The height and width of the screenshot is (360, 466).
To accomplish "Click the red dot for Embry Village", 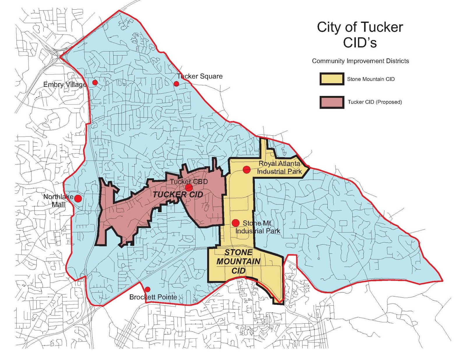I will click(x=95, y=83).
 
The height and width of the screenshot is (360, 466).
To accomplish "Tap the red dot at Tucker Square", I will click(x=176, y=84).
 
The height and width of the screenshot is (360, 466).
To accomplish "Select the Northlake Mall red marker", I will click(x=78, y=199).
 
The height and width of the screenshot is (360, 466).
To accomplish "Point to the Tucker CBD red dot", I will click(x=189, y=187).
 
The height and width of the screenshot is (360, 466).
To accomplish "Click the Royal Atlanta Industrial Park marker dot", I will click(x=247, y=169).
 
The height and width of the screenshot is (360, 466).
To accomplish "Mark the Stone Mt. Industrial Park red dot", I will click(x=236, y=223).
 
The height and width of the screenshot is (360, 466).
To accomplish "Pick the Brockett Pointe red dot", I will click(x=148, y=289).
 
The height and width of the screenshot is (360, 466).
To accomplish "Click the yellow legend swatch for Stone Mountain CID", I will click(x=332, y=79).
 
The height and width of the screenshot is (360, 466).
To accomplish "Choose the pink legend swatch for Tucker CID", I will click(x=332, y=102).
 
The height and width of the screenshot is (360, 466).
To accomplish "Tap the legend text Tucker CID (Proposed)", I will click(x=375, y=102).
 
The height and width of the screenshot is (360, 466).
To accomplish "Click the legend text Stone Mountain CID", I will click(x=371, y=79).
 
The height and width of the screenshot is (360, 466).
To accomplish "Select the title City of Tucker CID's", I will click(x=360, y=35).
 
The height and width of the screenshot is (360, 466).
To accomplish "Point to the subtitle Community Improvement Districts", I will click(x=360, y=61).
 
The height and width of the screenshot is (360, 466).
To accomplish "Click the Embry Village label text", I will click(x=65, y=85).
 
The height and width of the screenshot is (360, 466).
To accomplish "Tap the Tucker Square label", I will click(x=200, y=76).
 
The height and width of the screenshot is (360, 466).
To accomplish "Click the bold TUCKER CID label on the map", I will click(x=178, y=195).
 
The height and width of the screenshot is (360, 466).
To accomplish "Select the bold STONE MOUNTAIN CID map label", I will click(x=239, y=261).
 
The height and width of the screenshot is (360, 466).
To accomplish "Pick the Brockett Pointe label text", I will click(x=153, y=297).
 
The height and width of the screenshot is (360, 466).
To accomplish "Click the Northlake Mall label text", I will click(x=59, y=201).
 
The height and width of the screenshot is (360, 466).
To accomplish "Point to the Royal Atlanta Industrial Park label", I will click(x=279, y=168).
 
